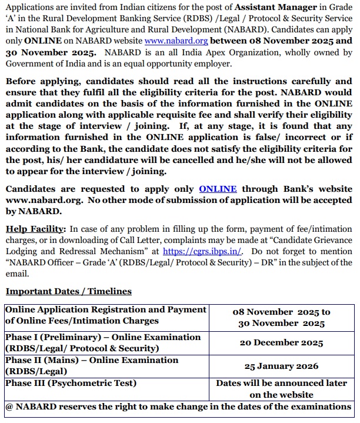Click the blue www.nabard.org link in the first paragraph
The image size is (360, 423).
click(176, 42)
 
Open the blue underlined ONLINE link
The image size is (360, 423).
click(218, 189)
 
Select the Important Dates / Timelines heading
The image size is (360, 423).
click(68, 291)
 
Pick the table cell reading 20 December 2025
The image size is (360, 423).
click(281, 343)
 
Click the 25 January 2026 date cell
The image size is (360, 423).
click(281, 366)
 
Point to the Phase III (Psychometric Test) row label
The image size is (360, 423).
click(71, 383)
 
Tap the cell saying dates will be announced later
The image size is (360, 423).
click(281, 388)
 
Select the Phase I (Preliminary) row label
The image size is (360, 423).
click(103, 343)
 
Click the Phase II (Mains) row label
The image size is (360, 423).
click(91, 365)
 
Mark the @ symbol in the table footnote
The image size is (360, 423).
click(9, 407)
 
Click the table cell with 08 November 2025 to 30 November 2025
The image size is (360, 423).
click(281, 318)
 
